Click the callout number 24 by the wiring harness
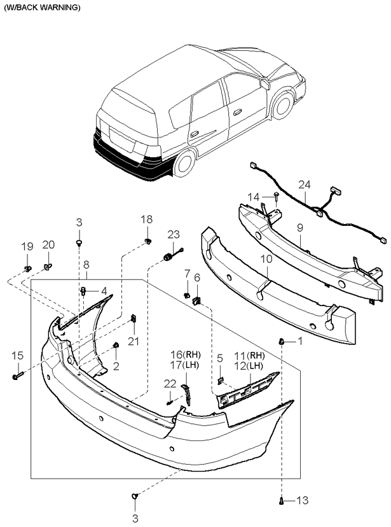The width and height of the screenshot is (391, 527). [305, 185]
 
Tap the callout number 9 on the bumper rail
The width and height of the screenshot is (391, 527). [299, 227]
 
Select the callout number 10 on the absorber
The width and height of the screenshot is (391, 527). [266, 259]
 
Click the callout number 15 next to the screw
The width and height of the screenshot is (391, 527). [17, 355]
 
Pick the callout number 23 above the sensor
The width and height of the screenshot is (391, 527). [174, 234]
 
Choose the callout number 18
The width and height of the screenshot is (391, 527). [146, 220]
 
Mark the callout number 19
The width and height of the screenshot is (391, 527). [27, 246]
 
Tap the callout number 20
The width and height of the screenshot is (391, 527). [49, 245]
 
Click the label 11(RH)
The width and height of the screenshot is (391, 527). [249, 355]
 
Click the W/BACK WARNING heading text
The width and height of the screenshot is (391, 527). [42, 8]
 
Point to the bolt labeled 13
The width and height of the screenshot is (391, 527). [281, 501]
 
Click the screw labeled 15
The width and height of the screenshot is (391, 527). [17, 377]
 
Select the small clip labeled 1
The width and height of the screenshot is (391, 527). [280, 342]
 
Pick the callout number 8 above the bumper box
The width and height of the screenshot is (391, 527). [86, 264]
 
